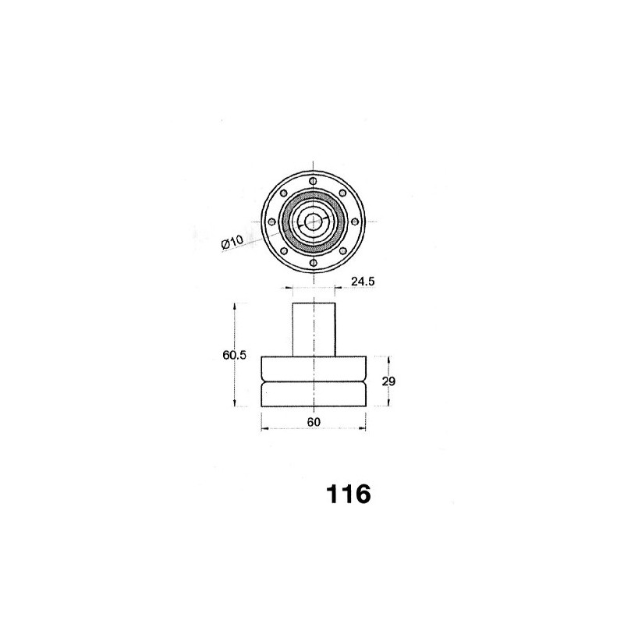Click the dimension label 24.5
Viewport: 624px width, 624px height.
(363, 282)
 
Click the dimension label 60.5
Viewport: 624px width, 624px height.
(235, 355)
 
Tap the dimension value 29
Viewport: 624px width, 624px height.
(388, 381)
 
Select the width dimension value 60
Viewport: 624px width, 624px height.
(314, 422)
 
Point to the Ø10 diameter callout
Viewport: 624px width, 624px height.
(232, 243)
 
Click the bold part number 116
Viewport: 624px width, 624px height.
(348, 495)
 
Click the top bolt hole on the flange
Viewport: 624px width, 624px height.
(314, 181)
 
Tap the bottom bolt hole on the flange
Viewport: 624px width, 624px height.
(314, 263)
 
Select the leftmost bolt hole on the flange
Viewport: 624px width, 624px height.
(272, 222)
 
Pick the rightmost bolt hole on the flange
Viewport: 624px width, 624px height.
(354, 222)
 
